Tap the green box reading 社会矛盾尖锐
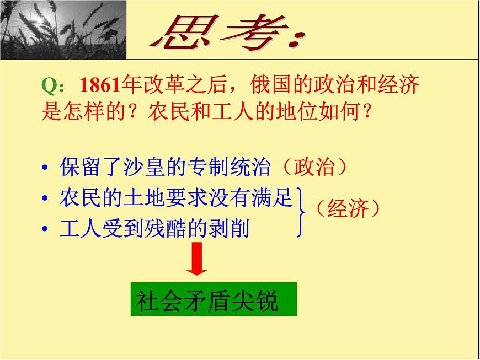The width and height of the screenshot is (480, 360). pyautogui.click(x=214, y=299)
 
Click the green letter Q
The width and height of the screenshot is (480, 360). pyautogui.click(x=49, y=87)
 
